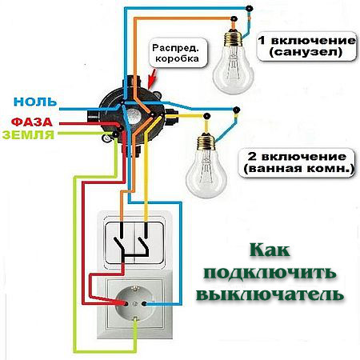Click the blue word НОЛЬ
click(x=35, y=102)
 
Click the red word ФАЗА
click(x=32, y=122)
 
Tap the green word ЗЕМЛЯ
click(x=28, y=135)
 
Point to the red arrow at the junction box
click(x=152, y=78)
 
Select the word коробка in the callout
click(x=177, y=58)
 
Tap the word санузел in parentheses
click(x=306, y=52)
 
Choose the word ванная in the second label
click(x=266, y=168)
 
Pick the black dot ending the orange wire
click(x=234, y=18)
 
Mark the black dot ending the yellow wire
click(x=206, y=116)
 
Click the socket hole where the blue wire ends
click(x=144, y=303)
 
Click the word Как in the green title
click(x=270, y=250)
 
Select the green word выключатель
click(x=270, y=294)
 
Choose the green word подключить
click(x=270, y=273)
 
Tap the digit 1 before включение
click(x=262, y=41)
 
